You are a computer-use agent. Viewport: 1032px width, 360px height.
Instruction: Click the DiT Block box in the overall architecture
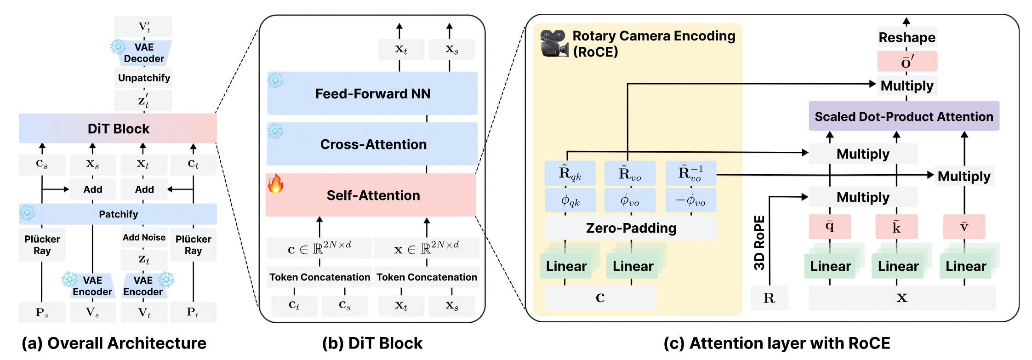[x=118, y=128]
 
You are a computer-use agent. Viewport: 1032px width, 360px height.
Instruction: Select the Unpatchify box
[x=143, y=78]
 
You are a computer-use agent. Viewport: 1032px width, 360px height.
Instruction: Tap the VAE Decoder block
[x=143, y=53]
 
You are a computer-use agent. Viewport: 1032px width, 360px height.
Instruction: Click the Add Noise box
[x=143, y=237]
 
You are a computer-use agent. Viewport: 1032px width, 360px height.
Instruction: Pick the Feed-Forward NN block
[x=372, y=93]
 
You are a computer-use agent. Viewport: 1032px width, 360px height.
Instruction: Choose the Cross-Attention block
[x=372, y=144]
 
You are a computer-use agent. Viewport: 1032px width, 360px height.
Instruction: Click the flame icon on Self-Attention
[x=276, y=183]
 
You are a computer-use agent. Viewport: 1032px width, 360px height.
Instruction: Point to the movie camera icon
[x=553, y=43]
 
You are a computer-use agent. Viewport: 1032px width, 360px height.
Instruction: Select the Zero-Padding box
[x=631, y=228]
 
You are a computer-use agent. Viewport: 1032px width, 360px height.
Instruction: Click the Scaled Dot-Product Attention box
[x=904, y=116]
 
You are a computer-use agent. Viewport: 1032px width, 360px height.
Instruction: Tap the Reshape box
[x=907, y=37]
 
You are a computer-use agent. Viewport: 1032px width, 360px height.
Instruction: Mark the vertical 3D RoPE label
[x=759, y=243]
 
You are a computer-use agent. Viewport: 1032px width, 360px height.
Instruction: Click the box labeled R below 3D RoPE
[x=769, y=298]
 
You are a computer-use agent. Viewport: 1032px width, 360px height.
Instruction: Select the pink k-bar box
[x=896, y=226]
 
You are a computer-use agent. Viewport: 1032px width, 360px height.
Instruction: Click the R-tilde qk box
[x=570, y=173]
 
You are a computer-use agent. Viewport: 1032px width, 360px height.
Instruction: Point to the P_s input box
[x=42, y=312]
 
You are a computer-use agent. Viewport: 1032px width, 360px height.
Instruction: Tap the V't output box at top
[x=143, y=26]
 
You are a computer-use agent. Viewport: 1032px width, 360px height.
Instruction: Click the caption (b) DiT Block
[x=372, y=343]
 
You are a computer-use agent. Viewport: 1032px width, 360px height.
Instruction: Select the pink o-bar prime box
[x=907, y=61]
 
